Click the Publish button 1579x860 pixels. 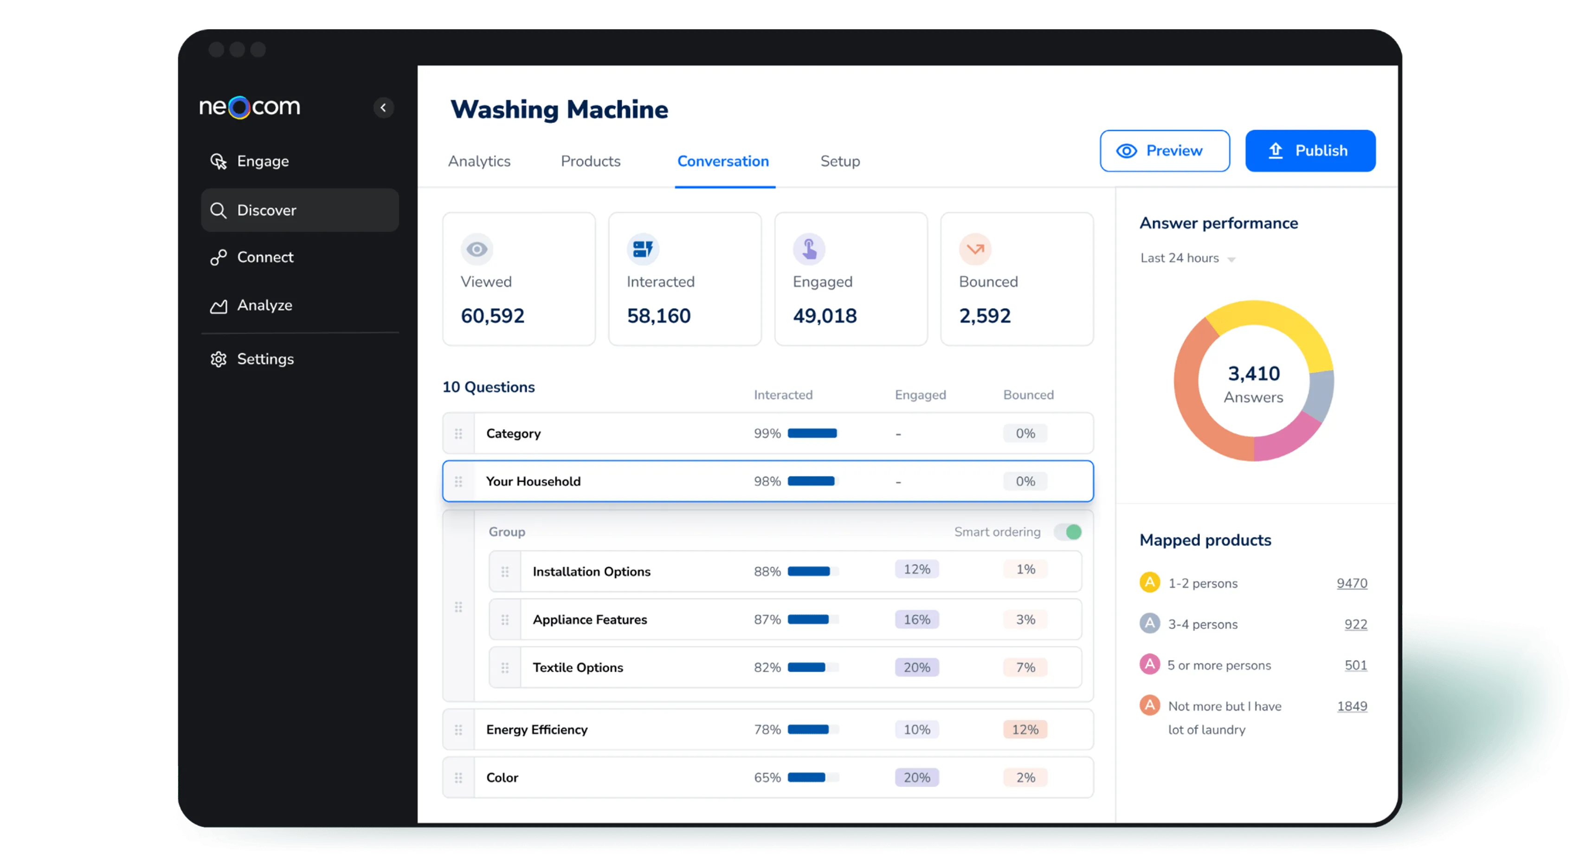[1310, 151]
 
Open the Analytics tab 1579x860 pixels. [479, 161]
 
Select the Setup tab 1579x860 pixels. [840, 161]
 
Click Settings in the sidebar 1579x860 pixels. [265, 359]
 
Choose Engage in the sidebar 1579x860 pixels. [262, 161]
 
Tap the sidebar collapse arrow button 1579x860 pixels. [384, 108]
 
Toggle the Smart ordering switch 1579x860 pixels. [1068, 532]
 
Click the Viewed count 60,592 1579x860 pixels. [492, 316]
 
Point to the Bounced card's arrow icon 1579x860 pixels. [974, 249]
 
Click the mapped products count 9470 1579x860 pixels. [1352, 584]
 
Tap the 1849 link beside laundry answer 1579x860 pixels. [1352, 706]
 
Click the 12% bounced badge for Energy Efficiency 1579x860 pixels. [1025, 730]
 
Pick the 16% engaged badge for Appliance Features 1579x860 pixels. [916, 620]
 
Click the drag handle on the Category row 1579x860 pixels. [458, 434]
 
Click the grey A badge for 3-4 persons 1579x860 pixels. [1149, 623]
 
